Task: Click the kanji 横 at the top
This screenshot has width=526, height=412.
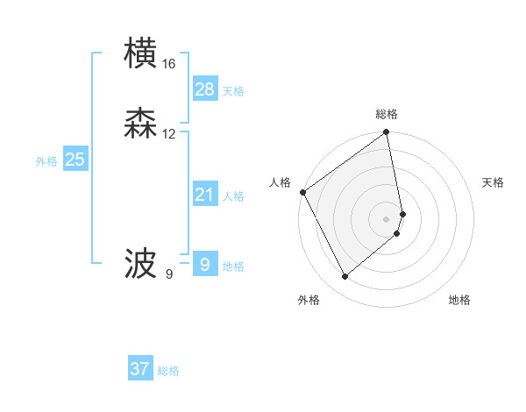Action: pos(141,53)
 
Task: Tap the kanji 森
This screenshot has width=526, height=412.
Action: pos(141,124)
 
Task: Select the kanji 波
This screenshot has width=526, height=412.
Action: pos(141,263)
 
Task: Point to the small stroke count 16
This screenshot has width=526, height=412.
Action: pos(169,64)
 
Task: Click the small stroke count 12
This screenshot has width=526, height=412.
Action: pos(169,134)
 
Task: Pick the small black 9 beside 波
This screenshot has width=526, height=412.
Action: pos(169,274)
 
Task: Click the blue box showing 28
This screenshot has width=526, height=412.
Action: pos(204,89)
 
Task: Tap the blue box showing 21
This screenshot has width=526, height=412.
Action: pos(204,195)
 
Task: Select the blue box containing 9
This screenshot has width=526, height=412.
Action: pos(204,264)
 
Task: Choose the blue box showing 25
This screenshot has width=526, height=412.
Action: pos(75,160)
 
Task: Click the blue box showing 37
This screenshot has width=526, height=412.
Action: pos(139,369)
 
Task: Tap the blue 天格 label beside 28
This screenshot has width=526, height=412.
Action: pos(233,91)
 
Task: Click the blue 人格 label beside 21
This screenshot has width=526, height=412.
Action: pos(233,196)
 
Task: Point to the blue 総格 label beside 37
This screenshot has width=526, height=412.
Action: pos(168,371)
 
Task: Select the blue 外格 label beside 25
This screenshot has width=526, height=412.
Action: pos(46,161)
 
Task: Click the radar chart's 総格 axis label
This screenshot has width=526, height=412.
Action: pos(387,114)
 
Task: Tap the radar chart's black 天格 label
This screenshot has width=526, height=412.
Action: pos(493,182)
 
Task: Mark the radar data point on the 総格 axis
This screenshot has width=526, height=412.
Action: pos(387,133)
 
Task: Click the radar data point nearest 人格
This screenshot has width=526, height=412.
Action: pos(302,192)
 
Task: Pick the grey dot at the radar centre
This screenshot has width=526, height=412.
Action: pos(387,219)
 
